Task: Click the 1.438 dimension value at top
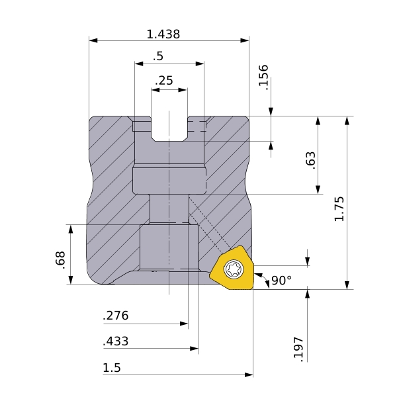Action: coord(163,34)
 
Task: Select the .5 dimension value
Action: coord(158,56)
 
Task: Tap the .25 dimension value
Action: coord(164,81)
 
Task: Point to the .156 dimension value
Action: coord(263,77)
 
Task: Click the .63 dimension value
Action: coord(311,160)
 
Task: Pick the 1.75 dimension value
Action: coord(339,209)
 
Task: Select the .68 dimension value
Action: coord(60,260)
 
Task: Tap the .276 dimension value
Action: coord(116,316)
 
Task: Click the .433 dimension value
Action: coord(116,341)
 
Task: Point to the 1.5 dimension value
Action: coord(112,368)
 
